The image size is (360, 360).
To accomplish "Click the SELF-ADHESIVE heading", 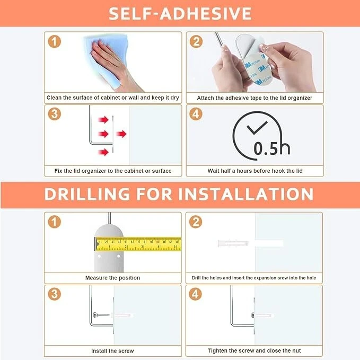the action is point(180,13).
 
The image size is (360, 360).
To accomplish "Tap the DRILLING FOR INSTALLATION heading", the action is point(179,194).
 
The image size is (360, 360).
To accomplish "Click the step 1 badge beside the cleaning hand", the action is point(55,41).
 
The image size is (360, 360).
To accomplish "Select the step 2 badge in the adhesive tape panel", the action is point(196,41).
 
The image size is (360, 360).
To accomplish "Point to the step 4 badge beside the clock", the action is point(196,114).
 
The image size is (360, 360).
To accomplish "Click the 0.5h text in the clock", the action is point(272,148).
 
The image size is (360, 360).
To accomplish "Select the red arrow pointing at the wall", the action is point(121,134).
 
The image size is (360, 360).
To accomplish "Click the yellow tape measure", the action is point(138,244).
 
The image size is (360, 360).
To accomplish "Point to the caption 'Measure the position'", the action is point(112,278).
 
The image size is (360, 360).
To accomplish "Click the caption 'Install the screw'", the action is point(112,351).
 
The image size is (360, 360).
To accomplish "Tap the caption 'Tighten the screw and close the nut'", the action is point(254,350).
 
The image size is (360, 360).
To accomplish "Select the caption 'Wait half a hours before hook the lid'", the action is point(255,171).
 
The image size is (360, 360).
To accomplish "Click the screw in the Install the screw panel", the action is point(101,315).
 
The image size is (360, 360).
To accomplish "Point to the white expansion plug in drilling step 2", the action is point(233,243).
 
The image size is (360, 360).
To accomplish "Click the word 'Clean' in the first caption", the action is point(54,98).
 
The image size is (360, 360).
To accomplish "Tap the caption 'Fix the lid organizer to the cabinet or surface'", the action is point(113,171).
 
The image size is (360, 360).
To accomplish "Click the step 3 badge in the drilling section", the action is point(55,294).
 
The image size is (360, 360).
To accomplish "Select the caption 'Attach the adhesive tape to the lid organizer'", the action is point(254,98).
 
